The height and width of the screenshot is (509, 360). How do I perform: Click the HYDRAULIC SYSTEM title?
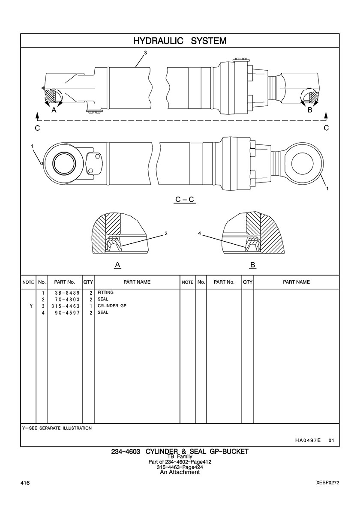180,41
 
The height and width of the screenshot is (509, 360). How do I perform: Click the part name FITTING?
105,293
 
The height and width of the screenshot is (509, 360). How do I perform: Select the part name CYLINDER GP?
112,306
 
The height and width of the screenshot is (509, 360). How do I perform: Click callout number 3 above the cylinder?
145,53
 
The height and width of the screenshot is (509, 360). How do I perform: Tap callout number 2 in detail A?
166,234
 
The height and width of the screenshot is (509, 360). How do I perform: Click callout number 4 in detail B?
199,234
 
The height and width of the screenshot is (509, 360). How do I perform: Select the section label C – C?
185,200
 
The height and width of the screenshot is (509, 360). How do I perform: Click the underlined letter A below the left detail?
117,265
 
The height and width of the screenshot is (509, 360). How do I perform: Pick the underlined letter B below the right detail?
253,265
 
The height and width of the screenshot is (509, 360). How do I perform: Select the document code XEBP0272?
327,483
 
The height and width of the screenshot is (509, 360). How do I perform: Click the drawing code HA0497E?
308,440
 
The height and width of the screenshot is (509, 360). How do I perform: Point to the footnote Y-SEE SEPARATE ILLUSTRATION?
57,428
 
